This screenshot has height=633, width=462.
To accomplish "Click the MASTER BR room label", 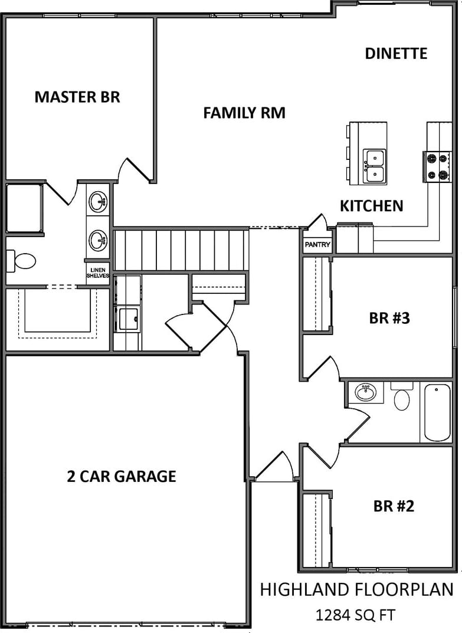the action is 77,97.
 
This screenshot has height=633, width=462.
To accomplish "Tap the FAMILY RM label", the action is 244,113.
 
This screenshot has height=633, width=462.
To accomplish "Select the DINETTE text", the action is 396,53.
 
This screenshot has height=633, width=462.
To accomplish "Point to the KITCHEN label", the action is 371,206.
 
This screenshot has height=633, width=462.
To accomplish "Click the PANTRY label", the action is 317,245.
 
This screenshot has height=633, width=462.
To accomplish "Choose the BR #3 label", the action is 389,318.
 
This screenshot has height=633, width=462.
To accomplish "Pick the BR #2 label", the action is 394,506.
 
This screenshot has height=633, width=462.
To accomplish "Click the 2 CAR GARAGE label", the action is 121,476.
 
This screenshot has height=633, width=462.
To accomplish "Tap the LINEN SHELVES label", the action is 98,273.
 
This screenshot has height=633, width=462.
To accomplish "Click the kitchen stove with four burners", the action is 437,167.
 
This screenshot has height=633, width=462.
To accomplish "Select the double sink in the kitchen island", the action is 374,166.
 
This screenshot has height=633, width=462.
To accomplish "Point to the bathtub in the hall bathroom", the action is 437,412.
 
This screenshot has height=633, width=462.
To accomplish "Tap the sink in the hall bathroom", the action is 365,392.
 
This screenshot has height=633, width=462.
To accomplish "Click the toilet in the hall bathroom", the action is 401,396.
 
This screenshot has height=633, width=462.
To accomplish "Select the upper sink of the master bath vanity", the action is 98,201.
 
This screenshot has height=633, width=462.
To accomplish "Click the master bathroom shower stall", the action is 24,208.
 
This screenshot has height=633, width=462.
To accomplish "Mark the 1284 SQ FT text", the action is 355,615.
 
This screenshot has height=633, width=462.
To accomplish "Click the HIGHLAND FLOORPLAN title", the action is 356,589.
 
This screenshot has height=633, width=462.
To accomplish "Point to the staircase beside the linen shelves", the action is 181,250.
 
